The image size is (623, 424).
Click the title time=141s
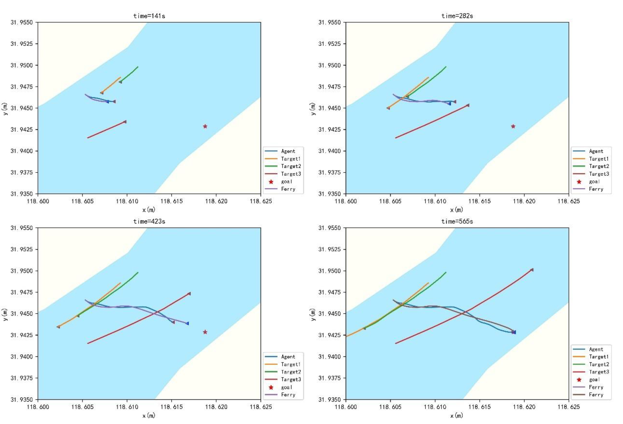click(x=149, y=16)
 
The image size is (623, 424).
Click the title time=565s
click(x=457, y=222)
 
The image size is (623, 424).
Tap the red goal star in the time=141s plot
click(x=205, y=126)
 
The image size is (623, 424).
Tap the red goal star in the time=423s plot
click(x=205, y=332)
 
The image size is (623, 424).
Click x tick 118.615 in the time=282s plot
click(x=479, y=201)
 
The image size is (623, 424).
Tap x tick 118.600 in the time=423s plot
click(x=38, y=407)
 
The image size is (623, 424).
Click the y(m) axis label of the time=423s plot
click(x=5, y=314)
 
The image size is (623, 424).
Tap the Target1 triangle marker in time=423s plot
click(x=58, y=327)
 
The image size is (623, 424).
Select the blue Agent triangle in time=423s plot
click(x=187, y=323)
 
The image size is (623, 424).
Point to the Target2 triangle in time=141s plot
click(x=120, y=82)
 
